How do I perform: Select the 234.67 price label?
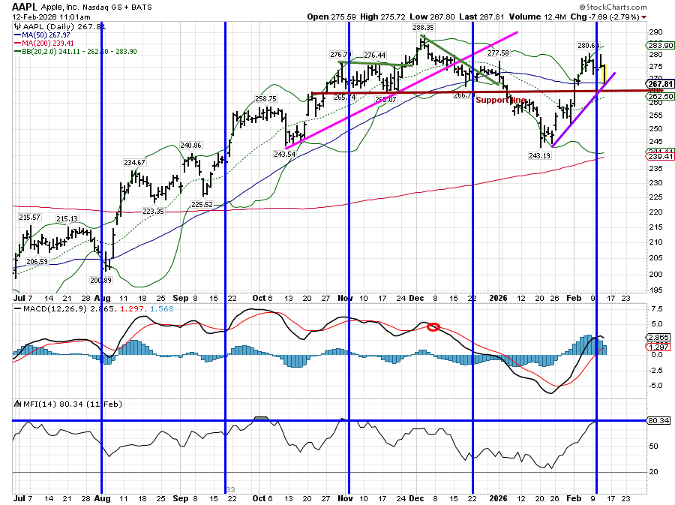[135, 163]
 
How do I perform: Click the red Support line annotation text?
[500, 100]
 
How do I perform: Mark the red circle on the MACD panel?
[433, 327]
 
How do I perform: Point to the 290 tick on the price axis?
[657, 32]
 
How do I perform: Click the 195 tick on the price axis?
[657, 290]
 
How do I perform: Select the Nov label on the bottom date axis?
[345, 497]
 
